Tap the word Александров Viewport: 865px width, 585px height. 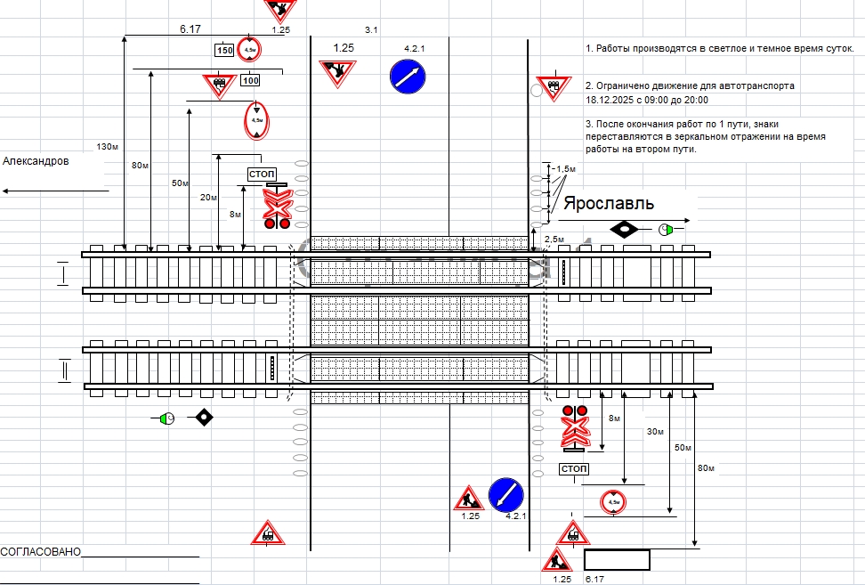[36, 161]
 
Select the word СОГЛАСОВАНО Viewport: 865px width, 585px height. [41, 552]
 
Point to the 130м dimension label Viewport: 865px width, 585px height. [107, 146]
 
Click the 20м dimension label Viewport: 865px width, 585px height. [207, 198]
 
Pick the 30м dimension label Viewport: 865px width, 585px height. [655, 432]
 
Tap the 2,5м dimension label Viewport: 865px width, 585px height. [554, 240]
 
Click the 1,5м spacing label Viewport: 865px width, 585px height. [564, 168]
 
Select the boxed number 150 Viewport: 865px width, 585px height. [224, 51]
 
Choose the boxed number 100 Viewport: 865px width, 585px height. [250, 81]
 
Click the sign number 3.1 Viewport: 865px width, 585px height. [371, 30]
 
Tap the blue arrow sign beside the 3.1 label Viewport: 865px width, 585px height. [408, 76]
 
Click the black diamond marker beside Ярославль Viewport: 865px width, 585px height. [625, 229]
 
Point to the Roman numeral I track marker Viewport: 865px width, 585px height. [63, 274]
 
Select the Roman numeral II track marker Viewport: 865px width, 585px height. [63, 370]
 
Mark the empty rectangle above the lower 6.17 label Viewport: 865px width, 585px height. [617, 560]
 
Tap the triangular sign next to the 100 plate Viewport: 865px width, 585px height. [218, 85]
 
